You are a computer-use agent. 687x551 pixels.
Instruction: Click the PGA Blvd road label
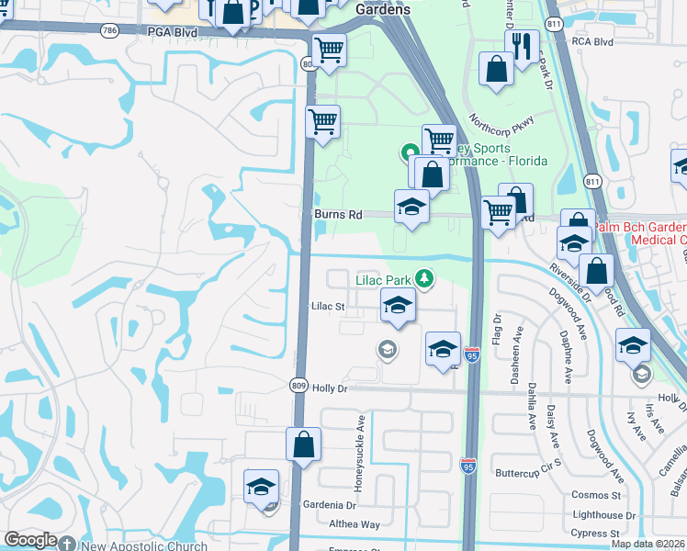[x=173, y=31]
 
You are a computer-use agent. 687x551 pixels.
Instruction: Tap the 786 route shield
[x=110, y=29]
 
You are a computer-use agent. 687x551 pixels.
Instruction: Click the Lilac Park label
[x=383, y=277]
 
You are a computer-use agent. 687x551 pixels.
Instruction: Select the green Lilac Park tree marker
[x=423, y=276]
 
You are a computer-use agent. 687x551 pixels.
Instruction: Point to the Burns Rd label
[x=338, y=214]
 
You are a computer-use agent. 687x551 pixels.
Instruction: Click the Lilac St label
[x=328, y=306]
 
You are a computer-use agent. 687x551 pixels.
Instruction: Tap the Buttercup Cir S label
[x=527, y=473]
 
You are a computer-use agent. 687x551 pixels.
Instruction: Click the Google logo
[x=31, y=541]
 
